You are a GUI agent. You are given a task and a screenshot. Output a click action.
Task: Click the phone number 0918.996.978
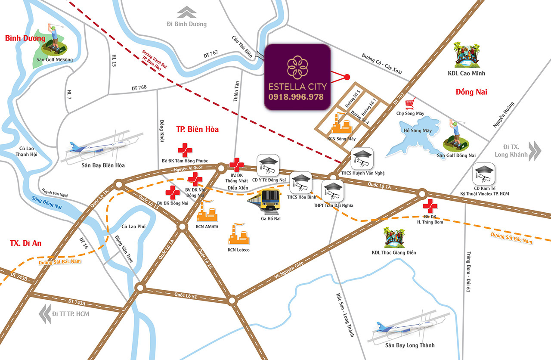(x=296, y=97)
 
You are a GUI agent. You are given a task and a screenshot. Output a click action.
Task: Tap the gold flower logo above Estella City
(x=297, y=67)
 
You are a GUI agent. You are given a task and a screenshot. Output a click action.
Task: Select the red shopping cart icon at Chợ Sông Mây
(x=410, y=104)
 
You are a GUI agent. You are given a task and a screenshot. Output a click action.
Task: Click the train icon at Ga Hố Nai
(x=264, y=201)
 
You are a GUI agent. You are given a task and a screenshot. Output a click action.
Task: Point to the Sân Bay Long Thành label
(x=410, y=345)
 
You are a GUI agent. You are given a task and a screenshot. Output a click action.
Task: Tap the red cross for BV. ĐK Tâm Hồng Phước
(x=185, y=150)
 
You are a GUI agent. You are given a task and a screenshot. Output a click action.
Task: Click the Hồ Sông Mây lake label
(x=418, y=130)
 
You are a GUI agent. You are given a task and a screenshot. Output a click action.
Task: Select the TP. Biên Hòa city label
(x=197, y=130)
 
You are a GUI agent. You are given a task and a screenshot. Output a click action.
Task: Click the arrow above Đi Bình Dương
(x=187, y=12)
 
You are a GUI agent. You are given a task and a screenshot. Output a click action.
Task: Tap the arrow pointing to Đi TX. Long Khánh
(x=535, y=151)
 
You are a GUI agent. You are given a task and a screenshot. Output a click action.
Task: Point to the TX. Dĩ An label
(x=25, y=243)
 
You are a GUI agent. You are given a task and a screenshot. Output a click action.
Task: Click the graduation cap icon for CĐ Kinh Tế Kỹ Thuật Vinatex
(x=483, y=174)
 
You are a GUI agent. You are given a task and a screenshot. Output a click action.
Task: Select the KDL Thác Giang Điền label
(x=394, y=252)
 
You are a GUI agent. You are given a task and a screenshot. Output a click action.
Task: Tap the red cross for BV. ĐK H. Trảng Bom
(x=430, y=206)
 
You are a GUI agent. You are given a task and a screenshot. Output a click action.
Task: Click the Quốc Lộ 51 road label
(x=186, y=295)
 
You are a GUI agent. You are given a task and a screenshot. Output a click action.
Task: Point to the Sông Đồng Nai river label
(x=47, y=203)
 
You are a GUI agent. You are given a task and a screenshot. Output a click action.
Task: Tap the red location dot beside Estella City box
(x=347, y=77)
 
